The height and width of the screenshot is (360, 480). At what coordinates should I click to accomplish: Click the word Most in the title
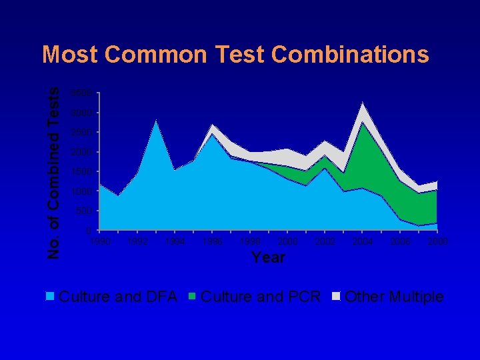(70, 55)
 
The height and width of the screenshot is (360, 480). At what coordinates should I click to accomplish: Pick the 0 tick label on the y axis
(91, 231)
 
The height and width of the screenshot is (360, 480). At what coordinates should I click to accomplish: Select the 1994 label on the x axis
(175, 241)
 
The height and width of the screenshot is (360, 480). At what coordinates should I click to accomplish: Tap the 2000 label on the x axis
(287, 241)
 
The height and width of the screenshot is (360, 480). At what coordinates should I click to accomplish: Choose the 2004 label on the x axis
(363, 241)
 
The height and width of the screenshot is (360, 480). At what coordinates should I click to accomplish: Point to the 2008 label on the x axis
(437, 241)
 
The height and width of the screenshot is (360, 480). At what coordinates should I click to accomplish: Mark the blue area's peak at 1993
(156, 121)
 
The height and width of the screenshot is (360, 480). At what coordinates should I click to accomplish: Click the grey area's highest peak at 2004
(362, 103)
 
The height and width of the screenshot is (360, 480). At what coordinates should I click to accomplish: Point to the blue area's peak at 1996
(212, 135)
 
